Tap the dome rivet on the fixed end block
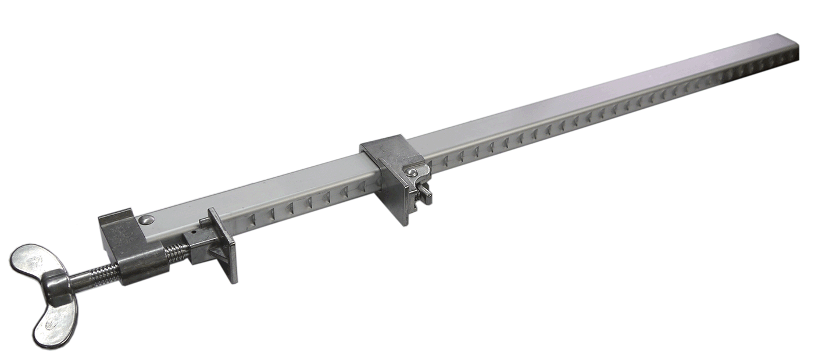(146, 220)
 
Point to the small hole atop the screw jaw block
(191, 236)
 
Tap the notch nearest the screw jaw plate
(251, 220)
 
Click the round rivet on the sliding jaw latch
(412, 172)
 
